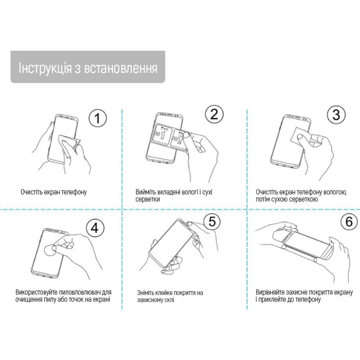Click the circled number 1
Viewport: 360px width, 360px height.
tap(98, 118)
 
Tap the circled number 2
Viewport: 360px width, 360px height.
tap(214, 114)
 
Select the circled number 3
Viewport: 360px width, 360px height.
tap(336, 114)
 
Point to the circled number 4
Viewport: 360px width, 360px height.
tap(95, 228)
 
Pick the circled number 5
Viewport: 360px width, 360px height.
tap(212, 221)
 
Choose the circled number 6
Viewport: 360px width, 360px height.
tap(349, 221)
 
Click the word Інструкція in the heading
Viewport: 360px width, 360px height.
tap(45, 68)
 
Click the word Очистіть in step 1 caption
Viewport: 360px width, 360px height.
tap(31, 192)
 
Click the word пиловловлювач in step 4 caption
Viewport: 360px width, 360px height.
tap(80, 292)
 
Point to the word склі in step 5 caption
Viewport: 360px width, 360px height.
tap(169, 300)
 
